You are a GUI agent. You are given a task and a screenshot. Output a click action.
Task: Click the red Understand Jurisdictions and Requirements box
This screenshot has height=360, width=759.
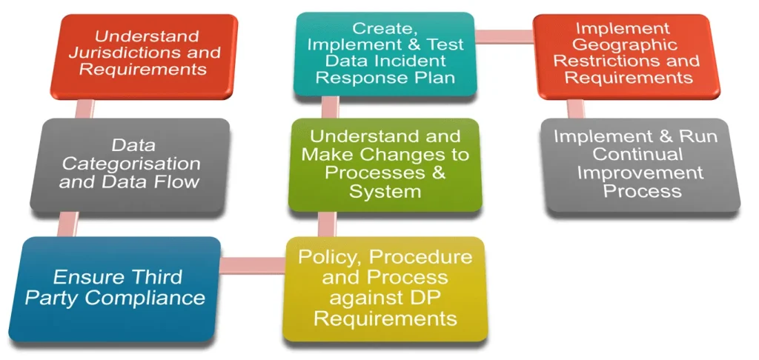coord(145,56)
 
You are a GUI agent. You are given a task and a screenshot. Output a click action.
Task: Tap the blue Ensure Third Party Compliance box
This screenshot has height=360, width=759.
coord(115,289)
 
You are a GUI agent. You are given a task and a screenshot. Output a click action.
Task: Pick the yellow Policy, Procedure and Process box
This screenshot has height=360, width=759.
coord(385,289)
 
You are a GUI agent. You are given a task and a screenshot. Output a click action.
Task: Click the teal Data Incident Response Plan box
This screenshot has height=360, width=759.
coord(385,53)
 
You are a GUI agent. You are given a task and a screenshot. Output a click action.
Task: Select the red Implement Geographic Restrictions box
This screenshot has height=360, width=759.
coord(627,56)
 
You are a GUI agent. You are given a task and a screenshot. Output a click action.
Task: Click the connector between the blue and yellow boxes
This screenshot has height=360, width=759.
coord(252,265)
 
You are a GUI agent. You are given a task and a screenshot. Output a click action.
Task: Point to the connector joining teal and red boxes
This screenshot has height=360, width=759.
coord(505,36)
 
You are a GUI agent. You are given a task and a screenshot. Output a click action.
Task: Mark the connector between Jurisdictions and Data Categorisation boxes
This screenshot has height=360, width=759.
coord(84,109)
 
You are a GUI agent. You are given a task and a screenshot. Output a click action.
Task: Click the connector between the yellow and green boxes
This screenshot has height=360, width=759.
coord(327,224)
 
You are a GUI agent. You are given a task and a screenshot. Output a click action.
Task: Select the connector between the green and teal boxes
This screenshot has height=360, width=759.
coord(330,107)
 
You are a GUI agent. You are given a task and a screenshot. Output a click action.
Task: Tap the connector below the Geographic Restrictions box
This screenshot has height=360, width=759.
coord(575,109)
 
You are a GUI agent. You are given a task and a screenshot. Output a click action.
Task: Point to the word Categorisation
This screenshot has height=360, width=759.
coord(131,164)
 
